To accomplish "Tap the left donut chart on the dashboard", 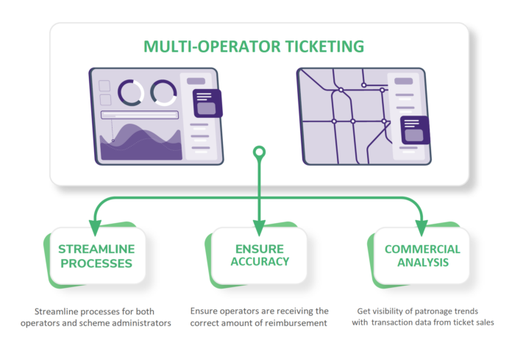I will (x=131, y=92).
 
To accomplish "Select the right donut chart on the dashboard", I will (x=163, y=92).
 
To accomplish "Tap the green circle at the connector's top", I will (x=259, y=152).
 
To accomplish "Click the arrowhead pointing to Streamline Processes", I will (x=93, y=223).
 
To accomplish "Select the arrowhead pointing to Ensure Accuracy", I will (x=259, y=223).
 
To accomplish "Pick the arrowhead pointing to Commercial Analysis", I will (x=422, y=223).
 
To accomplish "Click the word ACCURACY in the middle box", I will (x=258, y=261).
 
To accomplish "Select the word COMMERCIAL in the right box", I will (x=422, y=249).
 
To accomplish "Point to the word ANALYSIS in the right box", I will (x=422, y=263).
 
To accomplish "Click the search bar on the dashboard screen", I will (x=140, y=115).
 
